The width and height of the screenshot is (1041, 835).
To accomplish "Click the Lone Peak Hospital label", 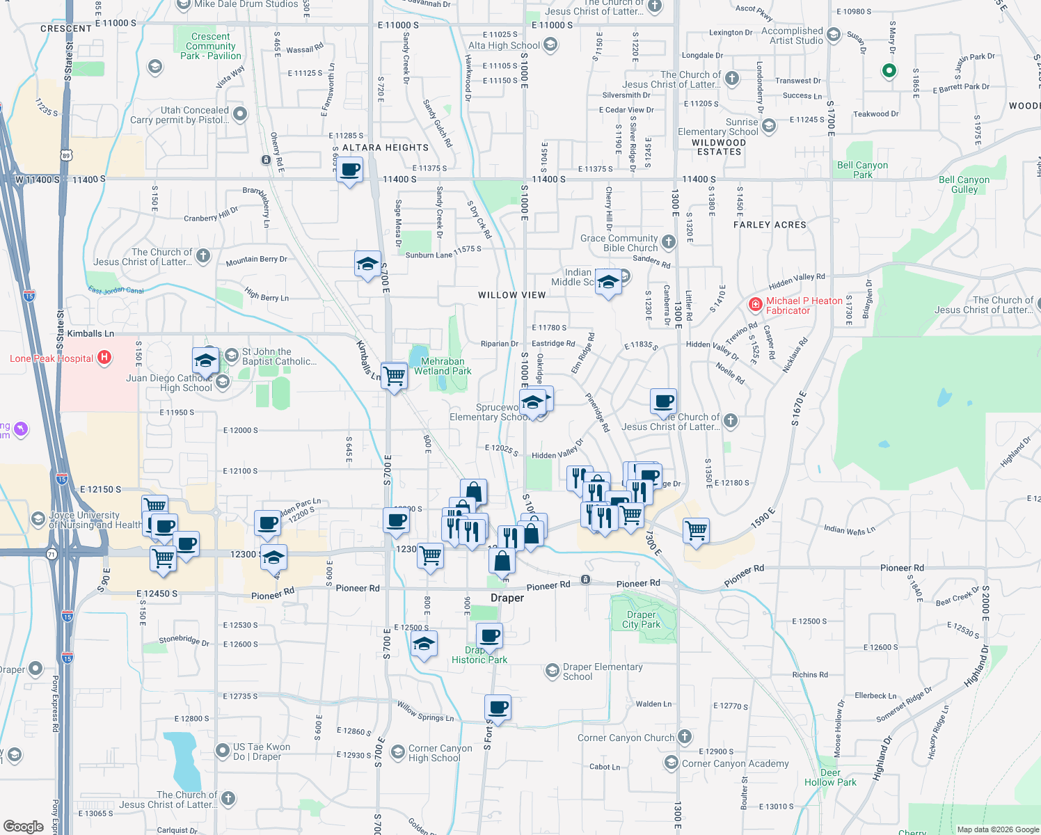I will coord(51,358).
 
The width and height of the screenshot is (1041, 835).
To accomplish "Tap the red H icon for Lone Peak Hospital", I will coord(104,358).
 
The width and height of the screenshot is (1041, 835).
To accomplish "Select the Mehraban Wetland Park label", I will coord(443,366).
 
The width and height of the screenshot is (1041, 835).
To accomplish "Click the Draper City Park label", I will coord(641,619).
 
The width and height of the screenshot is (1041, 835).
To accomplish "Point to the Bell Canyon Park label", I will coord(862,170).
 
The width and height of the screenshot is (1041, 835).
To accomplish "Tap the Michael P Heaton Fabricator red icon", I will coord(755,304).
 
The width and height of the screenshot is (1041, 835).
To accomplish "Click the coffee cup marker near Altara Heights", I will coord(350,170).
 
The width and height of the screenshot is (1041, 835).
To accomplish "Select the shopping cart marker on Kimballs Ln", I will coord(395,376).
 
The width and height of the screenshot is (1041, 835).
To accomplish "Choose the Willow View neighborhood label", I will coord(512,295).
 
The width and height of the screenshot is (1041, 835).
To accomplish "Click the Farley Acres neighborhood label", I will coord(770,225).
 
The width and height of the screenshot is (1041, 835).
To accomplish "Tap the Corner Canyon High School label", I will coord(440,753).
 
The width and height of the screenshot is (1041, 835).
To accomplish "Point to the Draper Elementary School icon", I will coord(553,670).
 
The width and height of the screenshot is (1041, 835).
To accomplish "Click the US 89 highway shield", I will coord(66,155).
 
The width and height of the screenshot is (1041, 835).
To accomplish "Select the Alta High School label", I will coord(504,45).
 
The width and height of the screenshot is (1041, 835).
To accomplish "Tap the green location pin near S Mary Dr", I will coord(889,70).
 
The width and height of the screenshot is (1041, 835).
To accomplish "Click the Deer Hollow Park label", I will coord(830,777).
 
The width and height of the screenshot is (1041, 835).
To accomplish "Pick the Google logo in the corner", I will coord(23,826).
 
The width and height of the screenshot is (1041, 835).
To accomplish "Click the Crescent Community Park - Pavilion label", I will coord(210,46).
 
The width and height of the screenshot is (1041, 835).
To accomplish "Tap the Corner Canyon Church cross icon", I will coord(685,736).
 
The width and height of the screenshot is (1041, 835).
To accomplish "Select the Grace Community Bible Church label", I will coord(619,243).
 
